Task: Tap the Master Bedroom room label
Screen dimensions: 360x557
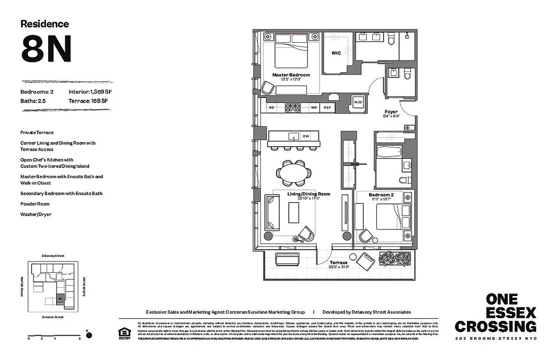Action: point(291,75)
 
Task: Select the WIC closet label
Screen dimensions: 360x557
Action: point(336,53)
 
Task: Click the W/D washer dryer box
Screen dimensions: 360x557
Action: point(359,102)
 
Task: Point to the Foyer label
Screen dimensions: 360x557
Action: point(390,112)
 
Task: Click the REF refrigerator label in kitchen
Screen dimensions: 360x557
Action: point(327,108)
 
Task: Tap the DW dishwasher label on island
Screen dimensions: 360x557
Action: point(306,136)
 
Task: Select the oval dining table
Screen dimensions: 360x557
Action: point(294,173)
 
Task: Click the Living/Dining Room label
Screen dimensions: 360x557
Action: point(309,194)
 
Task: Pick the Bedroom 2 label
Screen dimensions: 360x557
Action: point(381,195)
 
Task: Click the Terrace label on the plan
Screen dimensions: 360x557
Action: point(338,262)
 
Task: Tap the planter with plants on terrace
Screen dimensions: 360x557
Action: point(395,259)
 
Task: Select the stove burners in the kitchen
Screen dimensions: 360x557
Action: point(293,108)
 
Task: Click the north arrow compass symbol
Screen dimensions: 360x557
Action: point(89,335)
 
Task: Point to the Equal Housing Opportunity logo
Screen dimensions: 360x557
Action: point(123,333)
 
